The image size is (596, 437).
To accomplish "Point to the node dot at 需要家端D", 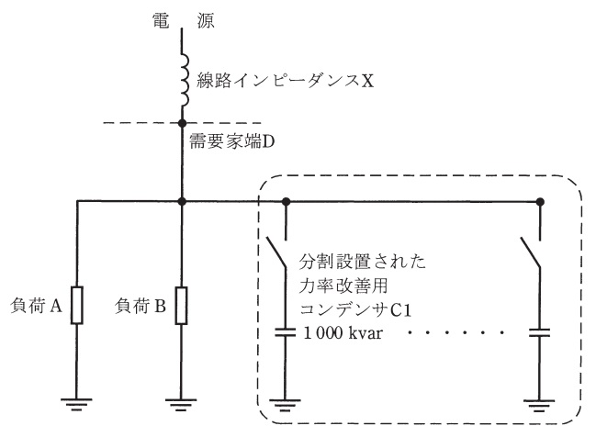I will coord(183,123).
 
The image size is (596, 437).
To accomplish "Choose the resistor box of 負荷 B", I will coord(183,306).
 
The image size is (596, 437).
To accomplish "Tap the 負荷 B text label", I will coord(144,306).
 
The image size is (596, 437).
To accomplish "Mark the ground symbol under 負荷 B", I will coord(183,402).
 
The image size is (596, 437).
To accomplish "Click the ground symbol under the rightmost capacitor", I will coord(539,402).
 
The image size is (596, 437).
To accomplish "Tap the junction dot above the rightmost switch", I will coord(539,201).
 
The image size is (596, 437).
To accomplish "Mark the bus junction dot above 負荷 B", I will coord(183,201).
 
